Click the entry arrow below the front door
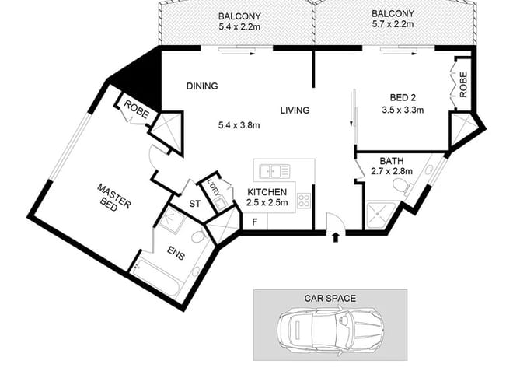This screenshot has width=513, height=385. [335, 237]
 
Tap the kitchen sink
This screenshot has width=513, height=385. [274, 171]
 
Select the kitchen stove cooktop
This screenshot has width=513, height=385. [304, 201]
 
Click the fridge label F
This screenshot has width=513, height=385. [255, 222]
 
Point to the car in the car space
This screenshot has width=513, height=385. [330, 328]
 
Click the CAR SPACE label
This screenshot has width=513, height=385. [330, 298]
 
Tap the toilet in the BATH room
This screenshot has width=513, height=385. [401, 187]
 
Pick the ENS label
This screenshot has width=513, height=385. [176, 253]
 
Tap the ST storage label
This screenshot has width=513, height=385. [194, 204]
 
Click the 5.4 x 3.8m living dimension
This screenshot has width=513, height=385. [239, 124]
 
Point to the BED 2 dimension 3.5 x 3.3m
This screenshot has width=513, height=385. [403, 110]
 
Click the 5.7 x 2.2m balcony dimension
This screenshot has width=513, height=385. [393, 24]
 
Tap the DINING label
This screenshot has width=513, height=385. [202, 86]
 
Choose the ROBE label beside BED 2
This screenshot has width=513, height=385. [463, 85]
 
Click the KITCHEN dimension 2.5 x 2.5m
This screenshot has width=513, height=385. [267, 203]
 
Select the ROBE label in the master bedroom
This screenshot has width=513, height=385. [137, 110]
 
